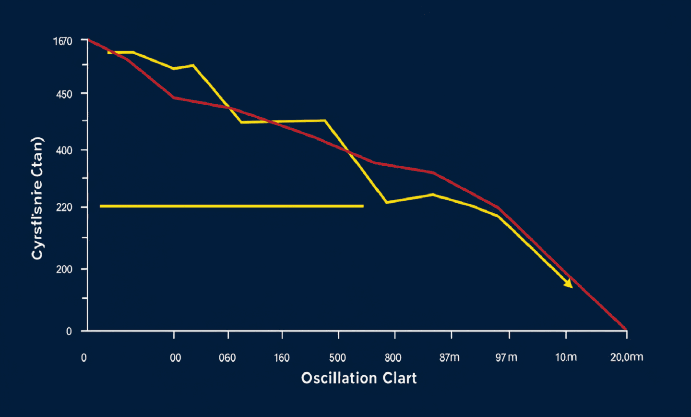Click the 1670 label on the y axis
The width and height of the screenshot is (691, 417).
[x=62, y=41]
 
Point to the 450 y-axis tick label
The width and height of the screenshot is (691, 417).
[x=64, y=94]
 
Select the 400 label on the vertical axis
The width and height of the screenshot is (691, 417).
[x=64, y=150]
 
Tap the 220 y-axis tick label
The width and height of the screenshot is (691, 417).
[x=64, y=208]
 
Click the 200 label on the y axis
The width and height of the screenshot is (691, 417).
[x=64, y=269]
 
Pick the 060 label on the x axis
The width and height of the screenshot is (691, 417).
[x=227, y=358]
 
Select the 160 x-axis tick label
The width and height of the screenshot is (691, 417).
[x=282, y=358]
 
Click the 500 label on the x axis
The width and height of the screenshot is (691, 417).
[x=337, y=358]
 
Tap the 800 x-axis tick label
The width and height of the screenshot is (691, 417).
[x=393, y=358]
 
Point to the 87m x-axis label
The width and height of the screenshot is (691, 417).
[x=449, y=358]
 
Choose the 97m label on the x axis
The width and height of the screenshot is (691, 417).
[x=506, y=358]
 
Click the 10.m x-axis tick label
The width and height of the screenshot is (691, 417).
[x=566, y=358]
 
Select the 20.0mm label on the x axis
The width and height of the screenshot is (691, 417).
[x=626, y=357]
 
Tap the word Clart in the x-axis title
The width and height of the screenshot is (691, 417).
[x=400, y=378]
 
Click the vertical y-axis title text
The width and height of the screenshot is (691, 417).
[x=37, y=198]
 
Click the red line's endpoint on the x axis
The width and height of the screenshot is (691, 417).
[x=626, y=330]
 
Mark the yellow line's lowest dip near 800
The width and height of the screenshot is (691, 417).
[x=386, y=202]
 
